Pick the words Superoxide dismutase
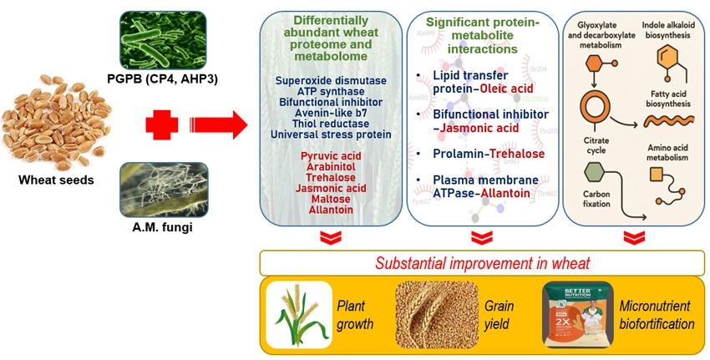(331, 79)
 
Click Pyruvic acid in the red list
(331, 155)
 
